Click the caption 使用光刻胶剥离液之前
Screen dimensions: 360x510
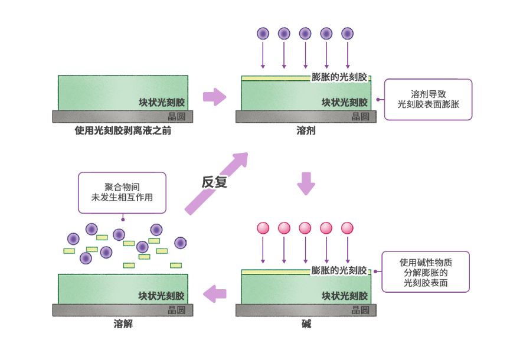(123, 130)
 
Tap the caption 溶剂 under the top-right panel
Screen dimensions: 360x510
(306, 130)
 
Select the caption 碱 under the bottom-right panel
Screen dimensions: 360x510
(306, 324)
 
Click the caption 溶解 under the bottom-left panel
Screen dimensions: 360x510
(123, 324)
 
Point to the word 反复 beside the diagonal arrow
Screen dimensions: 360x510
(214, 182)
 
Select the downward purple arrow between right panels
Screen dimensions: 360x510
(306, 183)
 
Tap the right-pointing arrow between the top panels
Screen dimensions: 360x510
(214, 97)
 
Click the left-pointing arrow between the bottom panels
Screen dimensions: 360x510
(214, 293)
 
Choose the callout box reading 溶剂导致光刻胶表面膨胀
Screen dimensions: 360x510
(428, 99)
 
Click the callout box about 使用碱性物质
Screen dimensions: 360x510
(426, 272)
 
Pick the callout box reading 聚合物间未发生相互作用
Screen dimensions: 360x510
(122, 192)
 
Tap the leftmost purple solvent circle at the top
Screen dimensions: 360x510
(263, 34)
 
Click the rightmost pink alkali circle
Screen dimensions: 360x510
(347, 228)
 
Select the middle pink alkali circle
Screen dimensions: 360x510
(305, 228)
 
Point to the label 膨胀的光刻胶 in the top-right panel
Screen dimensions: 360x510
(339, 77)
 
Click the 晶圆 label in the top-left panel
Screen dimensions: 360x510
(176, 116)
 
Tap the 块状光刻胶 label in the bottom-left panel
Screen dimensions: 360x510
(161, 296)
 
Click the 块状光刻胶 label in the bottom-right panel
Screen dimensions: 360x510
(344, 296)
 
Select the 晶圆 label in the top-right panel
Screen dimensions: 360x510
(360, 116)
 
